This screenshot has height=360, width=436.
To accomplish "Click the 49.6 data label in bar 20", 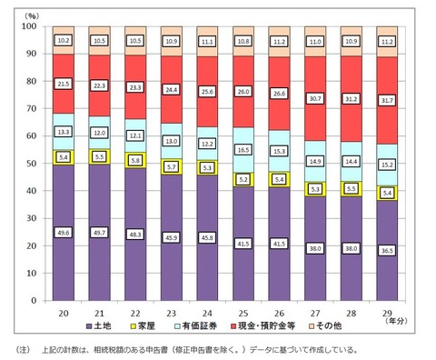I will pos(64,232).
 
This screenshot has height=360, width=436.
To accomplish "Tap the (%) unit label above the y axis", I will pos(32,15).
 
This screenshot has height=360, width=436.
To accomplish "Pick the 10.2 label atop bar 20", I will pos(64,41).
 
